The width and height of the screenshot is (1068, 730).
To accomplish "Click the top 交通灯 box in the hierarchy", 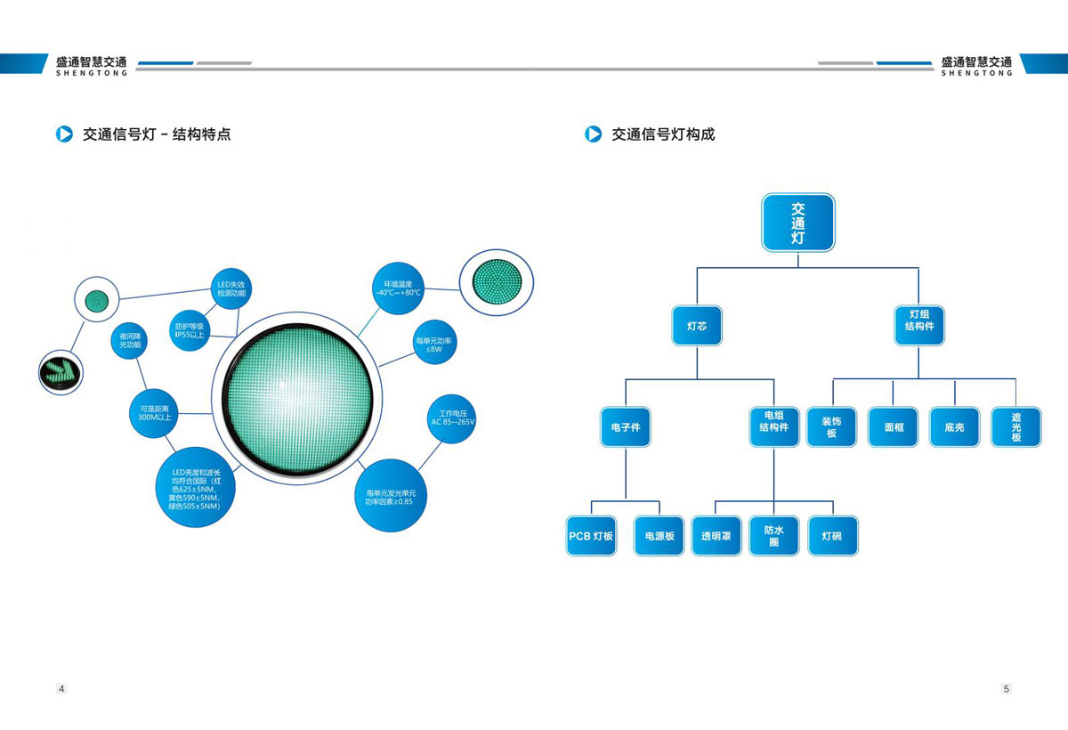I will (798, 222).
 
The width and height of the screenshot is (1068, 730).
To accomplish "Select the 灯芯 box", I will (696, 327).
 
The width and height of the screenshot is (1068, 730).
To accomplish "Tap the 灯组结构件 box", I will (918, 327).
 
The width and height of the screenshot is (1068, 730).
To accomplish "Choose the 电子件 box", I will (626, 427).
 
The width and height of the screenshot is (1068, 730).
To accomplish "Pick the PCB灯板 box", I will (592, 536).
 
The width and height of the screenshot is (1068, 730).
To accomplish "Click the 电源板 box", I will (659, 536).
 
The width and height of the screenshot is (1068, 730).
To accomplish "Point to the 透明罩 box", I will (716, 536).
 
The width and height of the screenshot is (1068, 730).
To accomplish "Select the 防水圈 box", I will (773, 536).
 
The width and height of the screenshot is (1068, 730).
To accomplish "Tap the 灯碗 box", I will (832, 536).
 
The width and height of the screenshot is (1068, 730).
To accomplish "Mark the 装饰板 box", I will (832, 427).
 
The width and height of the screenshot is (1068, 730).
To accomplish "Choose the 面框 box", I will (894, 427).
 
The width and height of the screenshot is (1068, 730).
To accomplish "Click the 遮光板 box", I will (1015, 427).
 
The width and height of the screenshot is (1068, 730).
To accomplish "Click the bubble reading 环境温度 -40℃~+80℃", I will (398, 288).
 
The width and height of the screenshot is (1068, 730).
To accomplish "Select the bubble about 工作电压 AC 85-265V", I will (453, 418).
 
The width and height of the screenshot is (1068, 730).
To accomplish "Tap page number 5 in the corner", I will (1006, 689).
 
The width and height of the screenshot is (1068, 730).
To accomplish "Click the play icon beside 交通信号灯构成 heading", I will (593, 134).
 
